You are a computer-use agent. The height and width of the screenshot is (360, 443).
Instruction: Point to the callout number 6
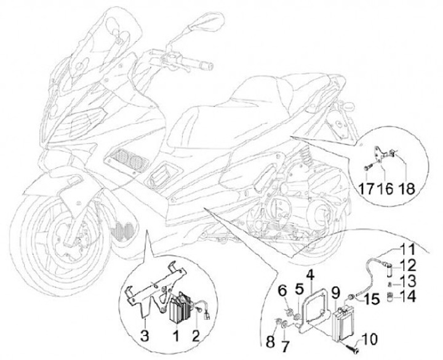[282, 290]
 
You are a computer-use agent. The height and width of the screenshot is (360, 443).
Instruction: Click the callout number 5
[300, 290]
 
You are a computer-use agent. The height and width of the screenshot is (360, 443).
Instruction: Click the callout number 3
[144, 335]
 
